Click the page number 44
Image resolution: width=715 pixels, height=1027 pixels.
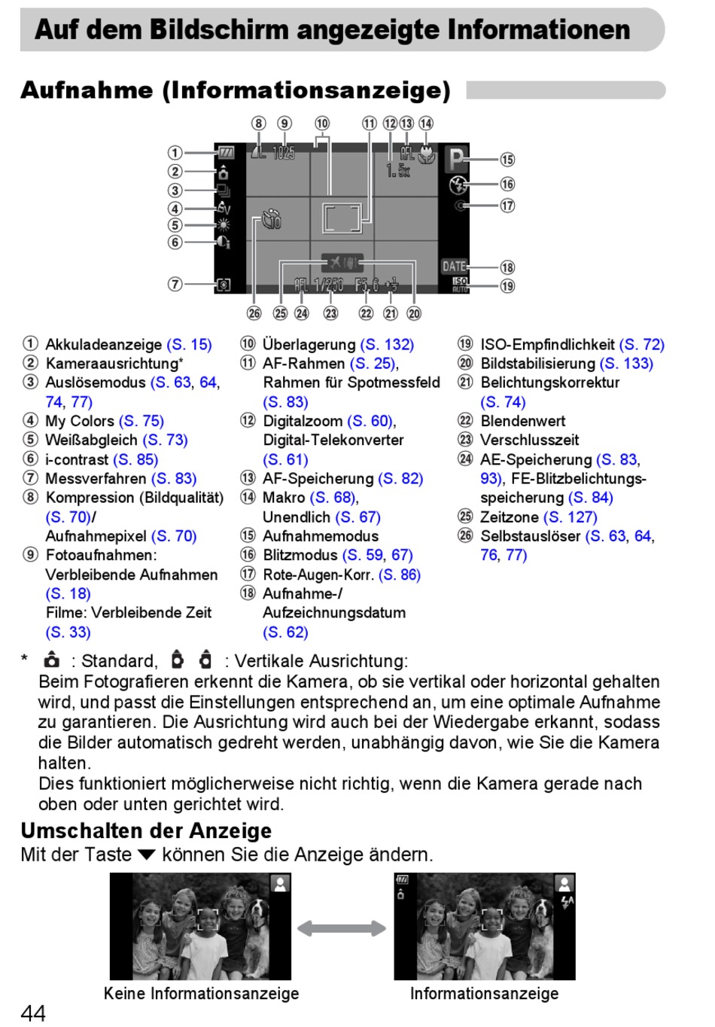[33, 1013]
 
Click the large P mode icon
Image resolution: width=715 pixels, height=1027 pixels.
[455, 160]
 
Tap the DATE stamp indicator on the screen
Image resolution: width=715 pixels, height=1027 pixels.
[454, 266]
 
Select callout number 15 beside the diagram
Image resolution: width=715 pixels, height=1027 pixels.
[507, 160]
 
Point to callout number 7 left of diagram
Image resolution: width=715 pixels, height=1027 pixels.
[175, 284]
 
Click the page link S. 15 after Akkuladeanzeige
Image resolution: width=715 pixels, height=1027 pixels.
[189, 345]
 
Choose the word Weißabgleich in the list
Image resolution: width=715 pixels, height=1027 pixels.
[91, 440]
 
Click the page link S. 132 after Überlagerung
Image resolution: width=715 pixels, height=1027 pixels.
[387, 345]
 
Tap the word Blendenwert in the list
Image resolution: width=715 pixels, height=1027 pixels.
[522, 421]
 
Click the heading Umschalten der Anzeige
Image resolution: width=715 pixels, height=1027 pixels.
[146, 830]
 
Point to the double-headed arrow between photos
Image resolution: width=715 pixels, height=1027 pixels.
[342, 928]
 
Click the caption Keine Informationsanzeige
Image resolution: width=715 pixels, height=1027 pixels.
[201, 993]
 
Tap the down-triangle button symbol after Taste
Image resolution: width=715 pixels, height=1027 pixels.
[147, 855]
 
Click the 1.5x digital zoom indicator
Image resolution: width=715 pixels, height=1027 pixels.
[398, 171]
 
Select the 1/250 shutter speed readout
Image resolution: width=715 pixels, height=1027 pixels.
[328, 285]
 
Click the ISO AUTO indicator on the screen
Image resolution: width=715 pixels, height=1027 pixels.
[459, 285]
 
